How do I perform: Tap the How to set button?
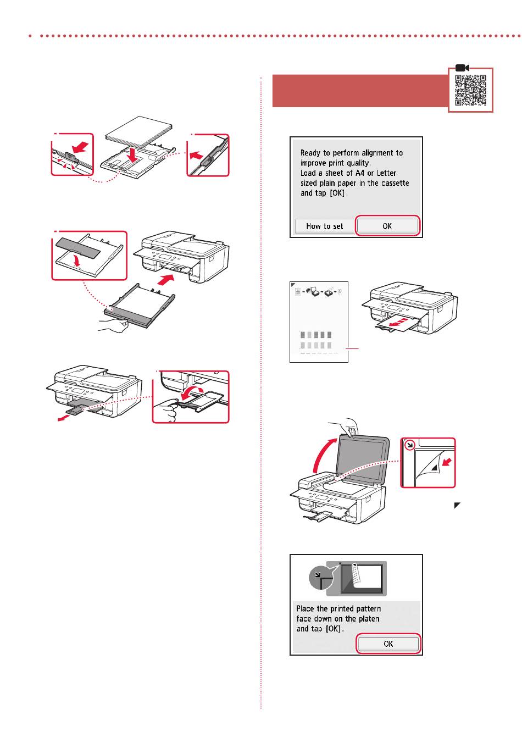[x=324, y=226]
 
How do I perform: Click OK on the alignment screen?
[x=387, y=226]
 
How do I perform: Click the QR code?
[x=470, y=90]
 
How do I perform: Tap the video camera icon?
[x=462, y=68]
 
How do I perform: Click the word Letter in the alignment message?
[x=386, y=173]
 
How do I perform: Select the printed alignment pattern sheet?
[x=319, y=322]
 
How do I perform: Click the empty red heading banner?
[x=360, y=91]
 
